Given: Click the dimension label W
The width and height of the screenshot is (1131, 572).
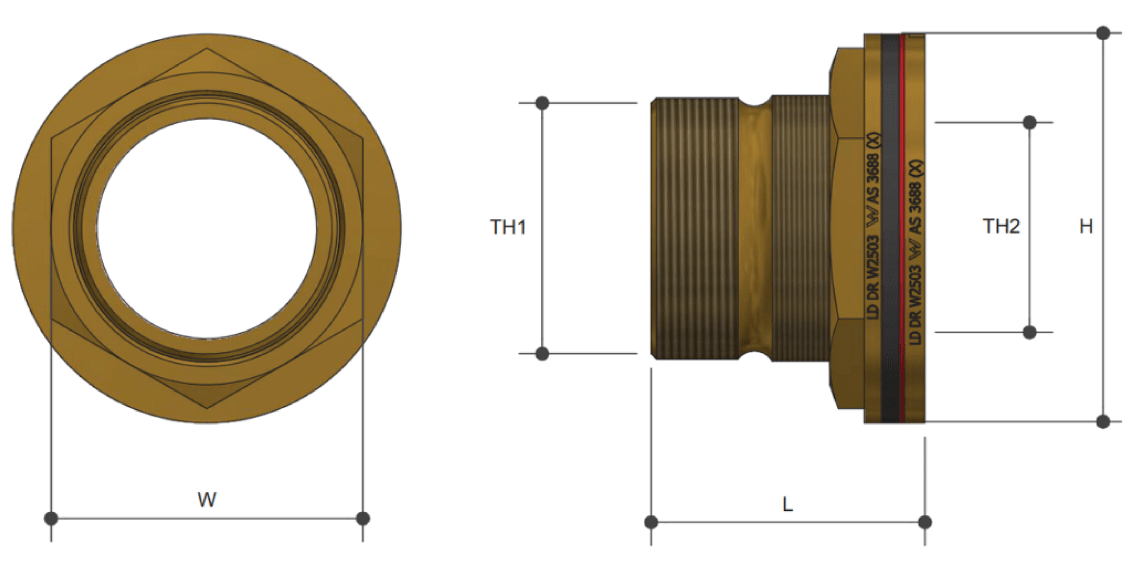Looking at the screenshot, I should pos(207,499).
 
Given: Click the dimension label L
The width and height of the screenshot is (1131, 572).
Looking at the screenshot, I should pos(788,504).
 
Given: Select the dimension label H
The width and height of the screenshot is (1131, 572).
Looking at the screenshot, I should pos(1086,226).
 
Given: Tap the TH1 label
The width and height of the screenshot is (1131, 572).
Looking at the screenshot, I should pos(508,227).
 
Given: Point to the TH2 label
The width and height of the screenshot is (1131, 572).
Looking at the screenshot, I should pos(1001,226).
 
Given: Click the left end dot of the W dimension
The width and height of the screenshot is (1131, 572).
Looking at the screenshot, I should pos(51,518).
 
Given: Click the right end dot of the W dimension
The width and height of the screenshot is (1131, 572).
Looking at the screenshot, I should pos(363,518).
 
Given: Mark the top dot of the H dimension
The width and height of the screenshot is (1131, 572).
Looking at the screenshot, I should pos(1103,33).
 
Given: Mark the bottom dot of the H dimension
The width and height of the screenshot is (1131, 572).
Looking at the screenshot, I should pos(1103,422).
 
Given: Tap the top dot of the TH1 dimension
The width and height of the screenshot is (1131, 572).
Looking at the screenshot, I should pos(543,103).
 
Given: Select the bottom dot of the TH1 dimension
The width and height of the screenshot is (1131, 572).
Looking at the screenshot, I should pos(543,354).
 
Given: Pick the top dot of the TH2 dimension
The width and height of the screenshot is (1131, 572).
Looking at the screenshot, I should pos(1030,123).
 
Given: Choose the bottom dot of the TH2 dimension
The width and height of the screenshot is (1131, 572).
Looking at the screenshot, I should pos(1030,333).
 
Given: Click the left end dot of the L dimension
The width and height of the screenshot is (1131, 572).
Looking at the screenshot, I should pos(651,522).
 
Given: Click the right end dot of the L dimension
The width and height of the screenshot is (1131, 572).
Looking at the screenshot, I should pos(925,522).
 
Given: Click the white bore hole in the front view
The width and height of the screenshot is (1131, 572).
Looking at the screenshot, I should pos(207,229).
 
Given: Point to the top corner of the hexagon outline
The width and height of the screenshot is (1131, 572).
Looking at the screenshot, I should pos(207,50).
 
